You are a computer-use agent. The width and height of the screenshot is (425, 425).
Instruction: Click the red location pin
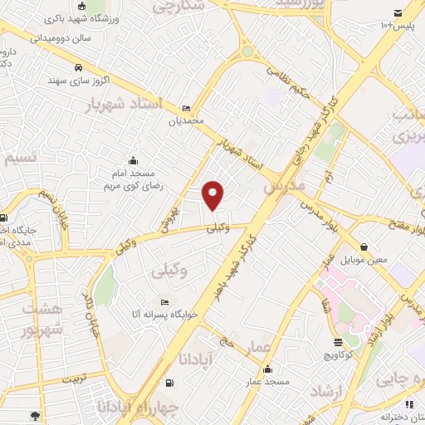[214, 194]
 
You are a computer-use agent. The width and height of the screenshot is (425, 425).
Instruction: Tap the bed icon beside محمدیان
[187, 108]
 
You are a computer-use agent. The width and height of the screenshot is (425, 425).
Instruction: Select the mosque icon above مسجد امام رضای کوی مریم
[134, 160]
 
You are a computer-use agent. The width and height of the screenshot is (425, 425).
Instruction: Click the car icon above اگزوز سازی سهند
[77, 67]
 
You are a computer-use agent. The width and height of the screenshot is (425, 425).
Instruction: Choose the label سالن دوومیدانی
[60, 37]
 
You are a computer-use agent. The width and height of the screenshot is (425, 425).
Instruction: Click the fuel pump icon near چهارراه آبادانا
[170, 383]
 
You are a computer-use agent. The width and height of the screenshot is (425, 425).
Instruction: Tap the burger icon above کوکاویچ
[338, 342]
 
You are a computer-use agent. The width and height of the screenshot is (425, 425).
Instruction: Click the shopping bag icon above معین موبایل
[364, 247]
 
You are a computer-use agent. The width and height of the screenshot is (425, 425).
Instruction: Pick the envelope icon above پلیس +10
[398, 12]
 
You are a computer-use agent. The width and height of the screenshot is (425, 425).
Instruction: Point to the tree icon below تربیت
[34, 415]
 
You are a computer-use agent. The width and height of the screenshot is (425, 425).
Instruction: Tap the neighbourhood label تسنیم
[19, 158]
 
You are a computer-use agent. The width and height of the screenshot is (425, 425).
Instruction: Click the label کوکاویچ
[338, 354]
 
